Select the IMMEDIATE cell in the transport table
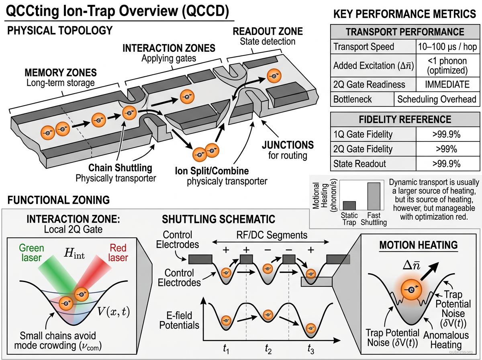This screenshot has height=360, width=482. [447, 84]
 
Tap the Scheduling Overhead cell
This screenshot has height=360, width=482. [436, 99]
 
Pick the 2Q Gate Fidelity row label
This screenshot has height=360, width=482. [363, 149]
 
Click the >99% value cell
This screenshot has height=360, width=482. [447, 149]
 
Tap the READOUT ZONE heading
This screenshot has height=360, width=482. [268, 31]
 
